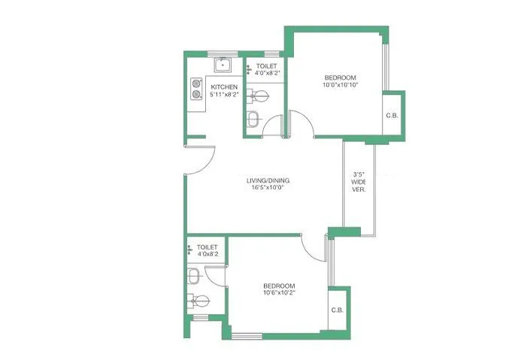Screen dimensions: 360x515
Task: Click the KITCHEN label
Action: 224,87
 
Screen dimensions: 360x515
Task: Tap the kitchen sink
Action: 223,65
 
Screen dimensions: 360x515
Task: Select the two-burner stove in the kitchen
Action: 197,89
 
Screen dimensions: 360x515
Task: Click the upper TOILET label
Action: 266,66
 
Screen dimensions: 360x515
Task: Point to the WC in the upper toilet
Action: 259,95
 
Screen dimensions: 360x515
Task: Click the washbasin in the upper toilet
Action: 253,119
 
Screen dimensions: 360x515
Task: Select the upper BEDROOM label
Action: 340,78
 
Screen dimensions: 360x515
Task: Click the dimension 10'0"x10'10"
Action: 340,86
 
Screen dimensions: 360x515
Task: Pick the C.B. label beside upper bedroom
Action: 392,115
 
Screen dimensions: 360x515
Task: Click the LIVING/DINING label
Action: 268,180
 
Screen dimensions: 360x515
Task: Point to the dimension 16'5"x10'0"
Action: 268,188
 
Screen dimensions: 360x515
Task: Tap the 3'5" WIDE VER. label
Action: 359,182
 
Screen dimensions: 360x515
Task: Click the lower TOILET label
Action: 207,247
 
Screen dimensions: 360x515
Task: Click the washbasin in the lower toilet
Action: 193,277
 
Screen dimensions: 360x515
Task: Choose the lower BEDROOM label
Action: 279,286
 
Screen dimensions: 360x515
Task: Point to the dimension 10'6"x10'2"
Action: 279,293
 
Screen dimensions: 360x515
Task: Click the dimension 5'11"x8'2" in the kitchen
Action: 224,95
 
